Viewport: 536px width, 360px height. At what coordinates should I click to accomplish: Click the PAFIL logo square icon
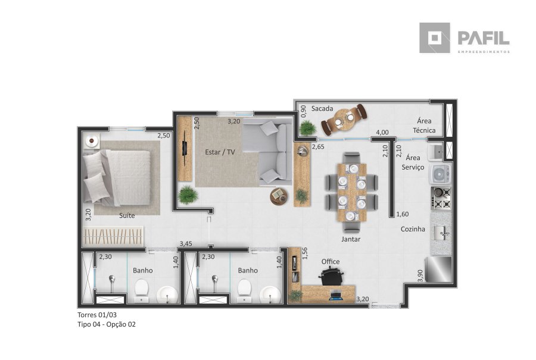coord(435,38)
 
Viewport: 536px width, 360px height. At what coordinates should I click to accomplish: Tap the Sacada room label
coord(322,109)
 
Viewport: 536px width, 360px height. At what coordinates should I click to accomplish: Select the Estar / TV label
coord(220,152)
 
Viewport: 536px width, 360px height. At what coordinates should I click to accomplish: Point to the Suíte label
coord(127,215)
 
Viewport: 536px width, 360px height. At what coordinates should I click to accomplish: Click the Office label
coord(331,262)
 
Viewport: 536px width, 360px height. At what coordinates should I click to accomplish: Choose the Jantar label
coord(351,239)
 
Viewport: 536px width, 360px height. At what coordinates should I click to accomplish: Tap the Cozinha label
coord(413,229)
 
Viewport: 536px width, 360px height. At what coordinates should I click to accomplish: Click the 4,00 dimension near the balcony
coord(382,132)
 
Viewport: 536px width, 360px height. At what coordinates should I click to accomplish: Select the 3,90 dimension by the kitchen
coord(420,276)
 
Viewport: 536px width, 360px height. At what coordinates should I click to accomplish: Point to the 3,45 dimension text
coord(186,244)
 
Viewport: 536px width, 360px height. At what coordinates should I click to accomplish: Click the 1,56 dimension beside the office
coord(305,253)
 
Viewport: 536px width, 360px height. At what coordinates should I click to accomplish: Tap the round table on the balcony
coord(344,119)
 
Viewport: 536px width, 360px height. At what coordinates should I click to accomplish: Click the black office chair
coord(331,276)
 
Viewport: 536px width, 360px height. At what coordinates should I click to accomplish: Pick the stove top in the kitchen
coord(441,198)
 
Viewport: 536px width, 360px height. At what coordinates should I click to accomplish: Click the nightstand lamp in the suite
coord(92,140)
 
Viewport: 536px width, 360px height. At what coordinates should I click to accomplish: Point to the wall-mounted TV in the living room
coord(185,148)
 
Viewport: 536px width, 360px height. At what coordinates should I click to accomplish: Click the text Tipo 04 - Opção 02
coord(107,324)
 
